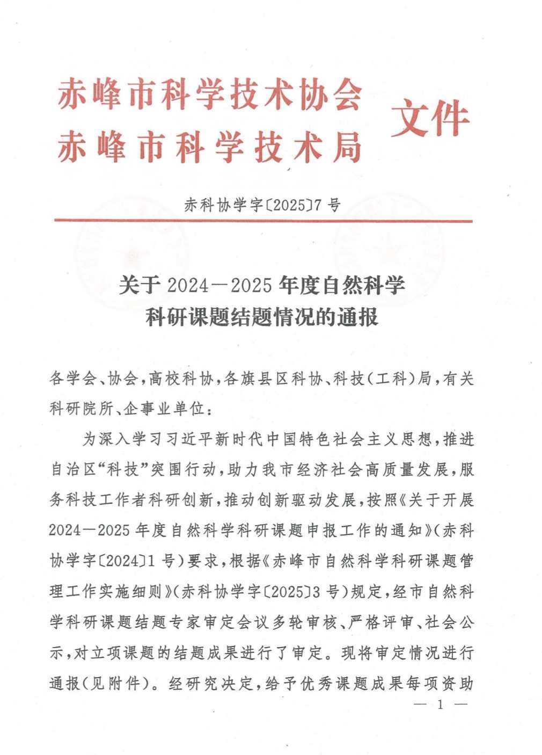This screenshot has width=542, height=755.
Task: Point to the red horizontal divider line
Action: [263, 221]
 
